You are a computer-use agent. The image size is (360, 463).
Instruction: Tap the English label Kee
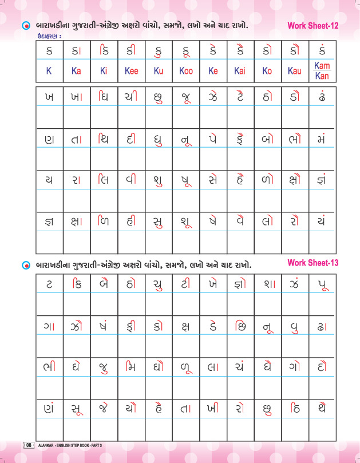click(131, 72)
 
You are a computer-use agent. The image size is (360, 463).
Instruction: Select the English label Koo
click(186, 72)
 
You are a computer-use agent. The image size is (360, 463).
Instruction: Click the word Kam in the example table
click(322, 66)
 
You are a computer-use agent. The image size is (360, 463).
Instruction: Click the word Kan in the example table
click(322, 76)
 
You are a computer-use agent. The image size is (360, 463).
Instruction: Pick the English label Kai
click(240, 72)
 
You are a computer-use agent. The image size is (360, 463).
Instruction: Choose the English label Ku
click(159, 72)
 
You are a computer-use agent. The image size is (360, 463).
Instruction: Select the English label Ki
click(104, 72)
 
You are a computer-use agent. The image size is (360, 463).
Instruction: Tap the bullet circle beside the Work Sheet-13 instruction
click(25, 266)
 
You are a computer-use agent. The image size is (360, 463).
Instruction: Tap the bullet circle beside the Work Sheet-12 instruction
click(25, 26)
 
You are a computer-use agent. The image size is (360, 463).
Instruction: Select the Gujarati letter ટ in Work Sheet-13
click(49, 284)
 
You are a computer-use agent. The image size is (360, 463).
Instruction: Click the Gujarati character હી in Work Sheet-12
click(131, 220)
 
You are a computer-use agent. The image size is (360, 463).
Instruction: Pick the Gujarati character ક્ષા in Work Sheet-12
click(76, 221)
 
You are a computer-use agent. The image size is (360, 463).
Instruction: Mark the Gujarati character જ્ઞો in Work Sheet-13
click(240, 284)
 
